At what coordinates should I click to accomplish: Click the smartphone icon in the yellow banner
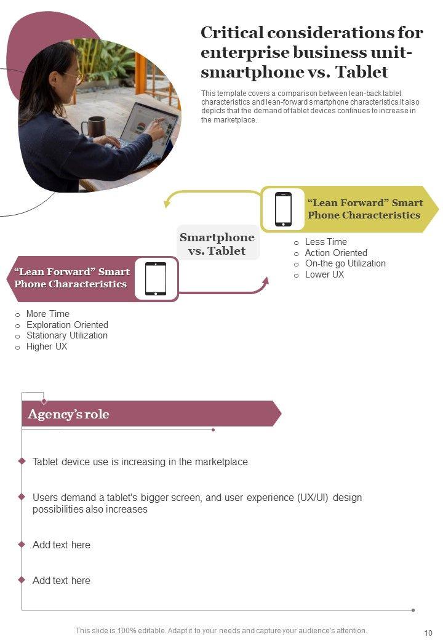283,209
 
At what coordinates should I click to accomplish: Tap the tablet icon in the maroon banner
156,279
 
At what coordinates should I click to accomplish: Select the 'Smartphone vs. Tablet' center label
217,244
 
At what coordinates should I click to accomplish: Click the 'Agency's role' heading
68,414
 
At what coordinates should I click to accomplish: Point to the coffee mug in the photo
94,127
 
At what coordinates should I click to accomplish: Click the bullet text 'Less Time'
326,242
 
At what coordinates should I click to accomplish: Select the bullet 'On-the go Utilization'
345,263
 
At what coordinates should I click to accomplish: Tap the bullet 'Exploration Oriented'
67,325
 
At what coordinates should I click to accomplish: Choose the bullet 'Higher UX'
47,346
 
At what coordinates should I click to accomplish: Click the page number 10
428,633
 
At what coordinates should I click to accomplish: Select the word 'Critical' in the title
232,33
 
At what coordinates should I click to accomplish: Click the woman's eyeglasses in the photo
75,77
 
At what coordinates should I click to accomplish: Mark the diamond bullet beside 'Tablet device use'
22,461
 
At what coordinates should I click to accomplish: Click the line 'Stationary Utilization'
67,335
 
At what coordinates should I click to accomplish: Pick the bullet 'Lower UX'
324,274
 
